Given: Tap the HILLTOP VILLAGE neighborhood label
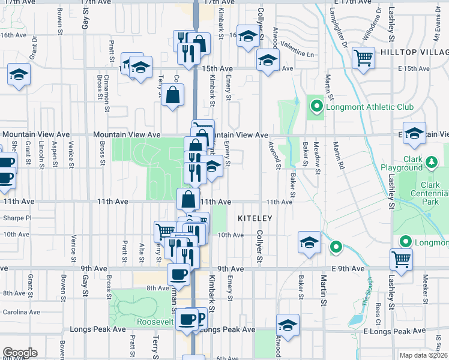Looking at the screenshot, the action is (x=412, y=53).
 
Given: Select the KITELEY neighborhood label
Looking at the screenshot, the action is (x=255, y=219).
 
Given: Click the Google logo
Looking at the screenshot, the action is (x=20, y=353).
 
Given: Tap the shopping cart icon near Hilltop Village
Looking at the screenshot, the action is (x=363, y=58).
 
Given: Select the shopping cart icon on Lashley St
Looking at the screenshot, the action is (x=401, y=260).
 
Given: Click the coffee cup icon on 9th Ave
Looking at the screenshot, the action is (x=178, y=274).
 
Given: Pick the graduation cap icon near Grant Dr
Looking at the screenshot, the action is (x=19, y=76).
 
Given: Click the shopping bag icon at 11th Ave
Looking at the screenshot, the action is (x=188, y=199).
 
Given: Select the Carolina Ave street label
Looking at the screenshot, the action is (x=21, y=312).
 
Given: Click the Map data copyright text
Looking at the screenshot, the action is (x=423, y=355).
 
